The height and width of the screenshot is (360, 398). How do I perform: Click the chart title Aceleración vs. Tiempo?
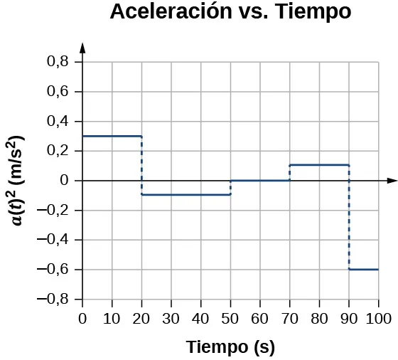[x=230, y=13]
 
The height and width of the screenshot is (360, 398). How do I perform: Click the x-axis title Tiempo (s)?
[x=230, y=347]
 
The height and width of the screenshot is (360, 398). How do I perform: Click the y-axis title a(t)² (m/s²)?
[x=18, y=180]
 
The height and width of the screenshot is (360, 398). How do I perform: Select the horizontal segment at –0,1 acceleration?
[x=186, y=195]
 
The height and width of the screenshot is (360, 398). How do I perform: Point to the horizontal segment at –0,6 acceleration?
[x=363, y=269]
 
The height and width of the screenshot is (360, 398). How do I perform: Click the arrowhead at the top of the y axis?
[x=83, y=48]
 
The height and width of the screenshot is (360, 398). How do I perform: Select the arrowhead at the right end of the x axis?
[x=391, y=181]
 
